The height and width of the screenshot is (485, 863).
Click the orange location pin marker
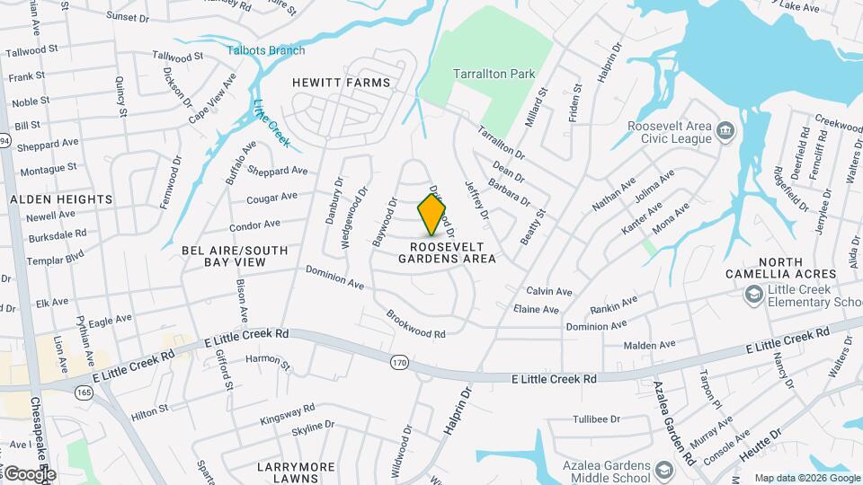(432, 216)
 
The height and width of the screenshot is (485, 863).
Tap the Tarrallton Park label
(494, 74)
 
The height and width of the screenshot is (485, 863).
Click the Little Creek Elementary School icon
(752, 295)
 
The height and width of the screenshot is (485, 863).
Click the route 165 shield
(85, 392)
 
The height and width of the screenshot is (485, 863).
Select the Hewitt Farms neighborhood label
(342, 83)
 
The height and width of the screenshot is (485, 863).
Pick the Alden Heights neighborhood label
(61, 199)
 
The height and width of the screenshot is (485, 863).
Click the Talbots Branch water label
(265, 50)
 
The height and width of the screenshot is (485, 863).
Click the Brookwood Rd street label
(415, 324)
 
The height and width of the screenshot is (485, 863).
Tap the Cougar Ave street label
(271, 197)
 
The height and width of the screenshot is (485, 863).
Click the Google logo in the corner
(29, 473)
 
